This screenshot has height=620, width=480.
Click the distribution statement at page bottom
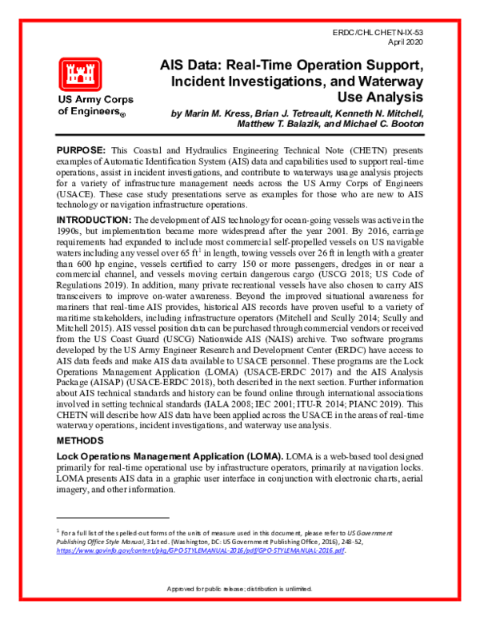[239, 611]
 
